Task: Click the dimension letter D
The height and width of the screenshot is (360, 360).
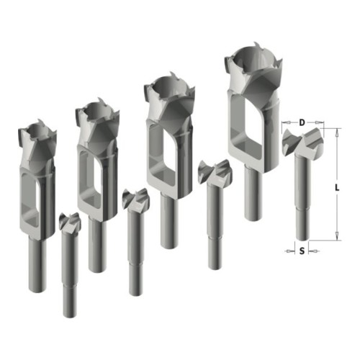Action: coord(302,122)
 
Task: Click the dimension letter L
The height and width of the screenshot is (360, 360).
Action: coord(337,188)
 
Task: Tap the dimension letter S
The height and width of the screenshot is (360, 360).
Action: coord(302,251)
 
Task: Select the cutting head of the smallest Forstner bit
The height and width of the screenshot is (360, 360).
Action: coord(70,221)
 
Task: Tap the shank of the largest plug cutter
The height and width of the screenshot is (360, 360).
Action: coord(253,193)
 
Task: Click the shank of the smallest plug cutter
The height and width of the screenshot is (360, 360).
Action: coord(37,265)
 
